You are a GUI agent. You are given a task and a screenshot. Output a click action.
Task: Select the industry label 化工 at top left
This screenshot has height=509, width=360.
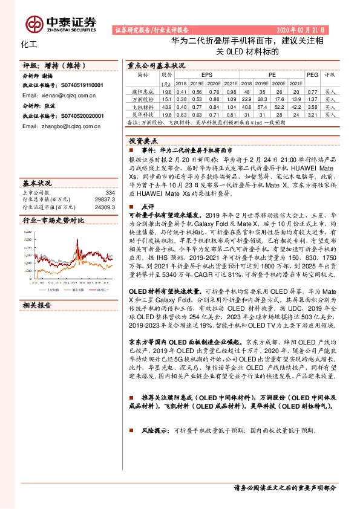point(29,45)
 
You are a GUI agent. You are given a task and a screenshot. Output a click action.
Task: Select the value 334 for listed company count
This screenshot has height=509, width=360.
point(110,192)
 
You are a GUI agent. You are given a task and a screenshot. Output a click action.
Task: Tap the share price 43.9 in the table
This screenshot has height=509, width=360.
point(167,106)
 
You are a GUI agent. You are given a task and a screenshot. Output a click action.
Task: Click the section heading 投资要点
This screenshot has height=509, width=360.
point(140,140)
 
